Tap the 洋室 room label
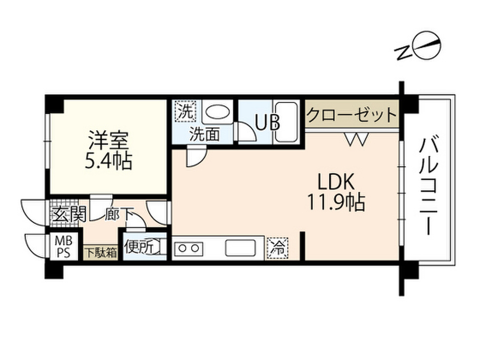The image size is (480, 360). coord(109,141)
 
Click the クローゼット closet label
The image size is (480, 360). coord(352,114)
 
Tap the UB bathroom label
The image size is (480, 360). coord(267,122)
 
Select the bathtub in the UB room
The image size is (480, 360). coord(286,122)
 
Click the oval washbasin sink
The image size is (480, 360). coord(217,113)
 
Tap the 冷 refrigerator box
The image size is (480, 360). coord(278,248)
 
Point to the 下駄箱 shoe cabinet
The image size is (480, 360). coord(100,253)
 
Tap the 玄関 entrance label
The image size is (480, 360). coord(69,216)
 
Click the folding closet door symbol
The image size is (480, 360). coord(356,139)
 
